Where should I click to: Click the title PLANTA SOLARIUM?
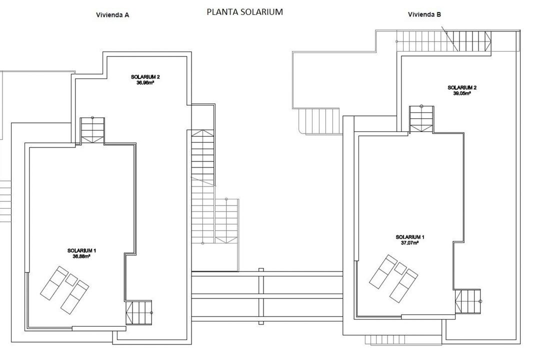pyautogui.click(x=244, y=12)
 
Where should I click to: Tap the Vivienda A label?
pyautogui.click(x=112, y=15)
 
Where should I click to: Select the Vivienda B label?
pyautogui.click(x=424, y=14)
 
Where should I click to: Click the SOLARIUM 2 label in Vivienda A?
pyautogui.click(x=145, y=77)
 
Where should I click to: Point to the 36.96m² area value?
pyautogui.click(x=145, y=83)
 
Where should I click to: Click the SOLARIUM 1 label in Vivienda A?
pyautogui.click(x=81, y=250)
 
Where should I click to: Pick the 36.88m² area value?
pyautogui.click(x=81, y=256)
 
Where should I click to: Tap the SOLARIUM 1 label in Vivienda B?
pyautogui.click(x=409, y=237)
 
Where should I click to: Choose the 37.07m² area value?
pyautogui.click(x=409, y=243)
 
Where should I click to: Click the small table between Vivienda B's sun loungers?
pyautogui.click(x=400, y=268)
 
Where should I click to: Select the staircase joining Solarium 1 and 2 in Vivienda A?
pyautogui.click(x=92, y=130)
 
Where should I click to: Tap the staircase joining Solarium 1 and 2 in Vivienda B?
pyautogui.click(x=421, y=119)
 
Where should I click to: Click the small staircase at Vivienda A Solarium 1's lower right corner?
pyautogui.click(x=138, y=312)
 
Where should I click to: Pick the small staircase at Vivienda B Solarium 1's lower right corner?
pyautogui.click(x=468, y=301)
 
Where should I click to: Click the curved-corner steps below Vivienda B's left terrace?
pyautogui.click(x=319, y=121)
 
